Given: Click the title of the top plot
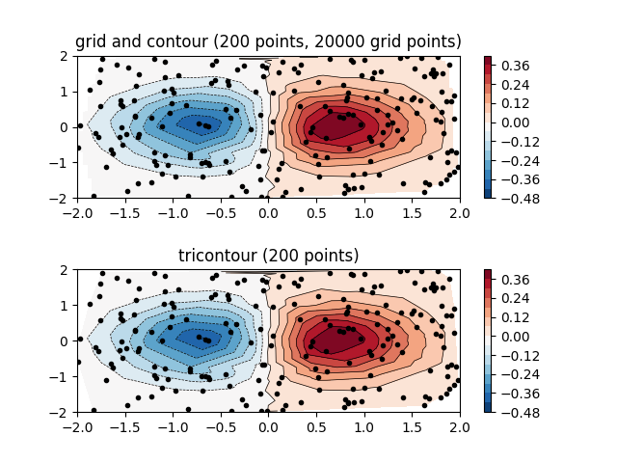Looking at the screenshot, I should [268, 41].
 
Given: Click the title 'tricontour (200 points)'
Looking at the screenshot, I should [268, 256].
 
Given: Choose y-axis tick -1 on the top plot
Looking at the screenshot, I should [62, 163].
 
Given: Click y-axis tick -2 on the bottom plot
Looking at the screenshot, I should [62, 412].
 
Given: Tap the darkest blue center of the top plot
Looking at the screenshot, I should [198, 123].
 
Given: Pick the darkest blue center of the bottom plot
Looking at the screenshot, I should [198, 338].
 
